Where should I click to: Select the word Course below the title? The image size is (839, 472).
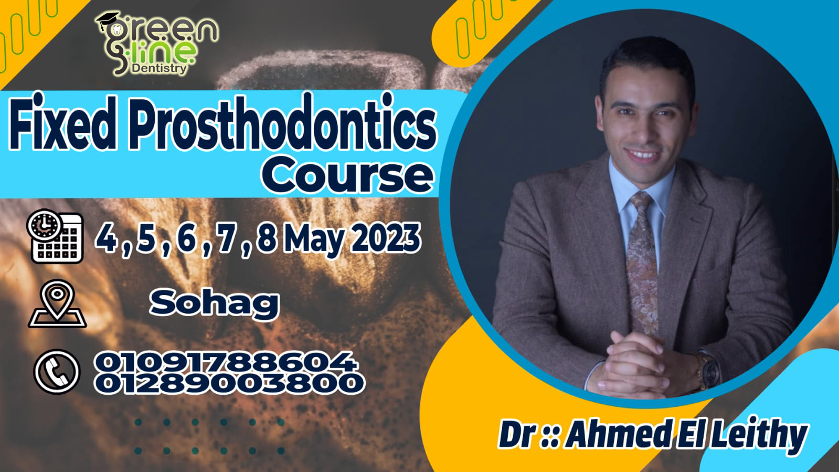(x=347, y=175)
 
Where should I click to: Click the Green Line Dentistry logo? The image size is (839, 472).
(x=157, y=42)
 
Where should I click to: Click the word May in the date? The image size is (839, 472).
(x=318, y=239)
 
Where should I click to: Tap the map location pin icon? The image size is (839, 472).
(x=57, y=305)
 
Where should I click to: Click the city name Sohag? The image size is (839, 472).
(x=214, y=303)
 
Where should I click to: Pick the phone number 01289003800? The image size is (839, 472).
(x=229, y=383)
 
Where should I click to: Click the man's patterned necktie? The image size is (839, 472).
(x=642, y=252)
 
